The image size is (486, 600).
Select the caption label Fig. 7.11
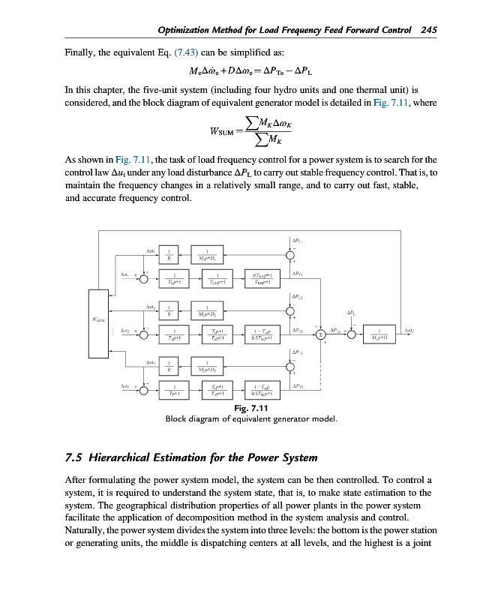tap(251, 408)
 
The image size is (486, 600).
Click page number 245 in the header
tap(429, 30)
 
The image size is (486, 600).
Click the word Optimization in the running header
tap(190, 30)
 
